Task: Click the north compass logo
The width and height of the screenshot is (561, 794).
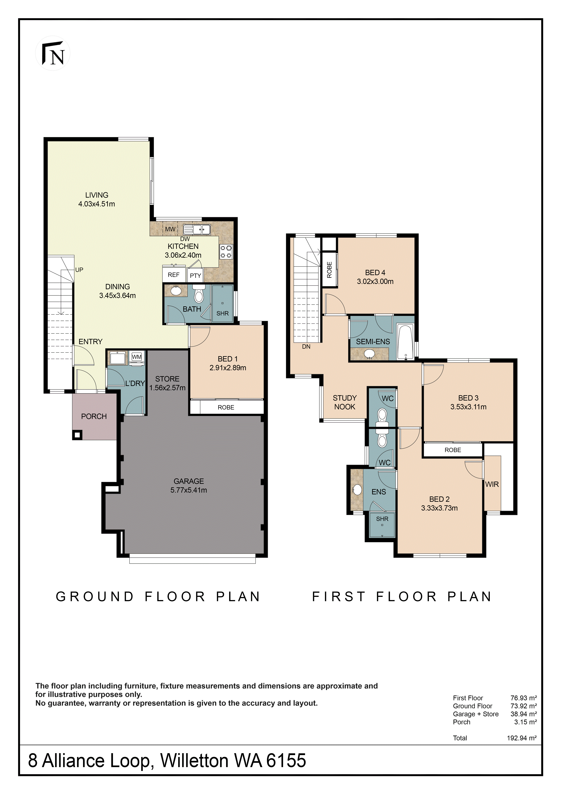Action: pyautogui.click(x=53, y=53)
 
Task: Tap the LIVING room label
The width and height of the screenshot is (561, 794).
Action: pyautogui.click(x=97, y=195)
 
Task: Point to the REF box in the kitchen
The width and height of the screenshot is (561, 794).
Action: pyautogui.click(x=174, y=275)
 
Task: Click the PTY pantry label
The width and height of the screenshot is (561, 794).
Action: pyautogui.click(x=196, y=276)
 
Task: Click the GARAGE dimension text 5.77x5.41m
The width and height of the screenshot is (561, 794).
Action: pyautogui.click(x=189, y=490)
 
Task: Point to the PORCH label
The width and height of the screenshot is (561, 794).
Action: pyautogui.click(x=94, y=416)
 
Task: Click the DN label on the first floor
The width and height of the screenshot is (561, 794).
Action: pyautogui.click(x=306, y=347)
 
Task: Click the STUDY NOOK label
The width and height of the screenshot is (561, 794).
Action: pyautogui.click(x=345, y=403)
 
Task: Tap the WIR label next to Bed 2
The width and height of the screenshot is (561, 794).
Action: pyautogui.click(x=492, y=484)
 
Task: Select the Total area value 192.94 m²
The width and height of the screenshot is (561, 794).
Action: pyautogui.click(x=522, y=738)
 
